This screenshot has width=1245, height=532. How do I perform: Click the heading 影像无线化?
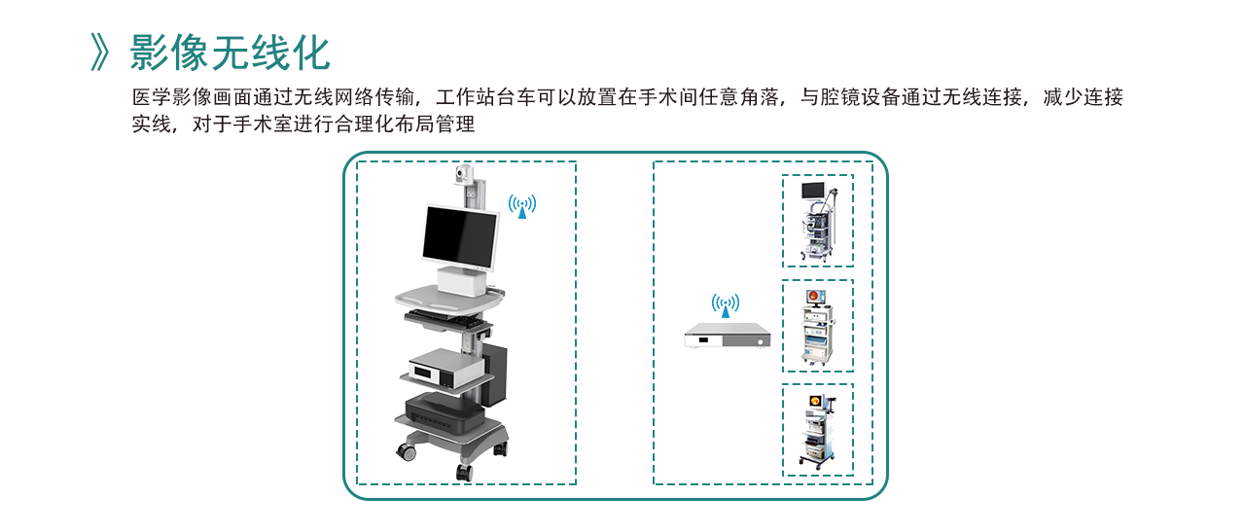coord(231,53)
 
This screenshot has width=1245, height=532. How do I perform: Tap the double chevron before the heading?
coord(99,53)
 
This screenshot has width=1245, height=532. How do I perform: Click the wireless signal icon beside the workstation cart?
coord(522,206)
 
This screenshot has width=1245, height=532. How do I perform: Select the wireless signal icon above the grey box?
coord(726,305)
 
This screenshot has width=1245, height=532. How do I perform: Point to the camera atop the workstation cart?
coord(463,174)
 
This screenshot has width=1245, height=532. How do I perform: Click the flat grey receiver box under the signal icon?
coord(728,336)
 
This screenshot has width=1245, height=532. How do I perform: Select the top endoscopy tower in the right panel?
coord(818,221)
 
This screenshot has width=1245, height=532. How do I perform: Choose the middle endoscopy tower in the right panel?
coord(818,327)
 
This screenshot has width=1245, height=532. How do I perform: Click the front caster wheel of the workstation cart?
coord(465,473)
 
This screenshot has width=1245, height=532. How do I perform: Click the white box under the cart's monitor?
coord(462,281)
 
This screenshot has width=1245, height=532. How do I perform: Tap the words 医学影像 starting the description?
coord(172,97)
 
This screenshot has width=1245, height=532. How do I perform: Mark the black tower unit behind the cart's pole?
coord(495,373)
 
